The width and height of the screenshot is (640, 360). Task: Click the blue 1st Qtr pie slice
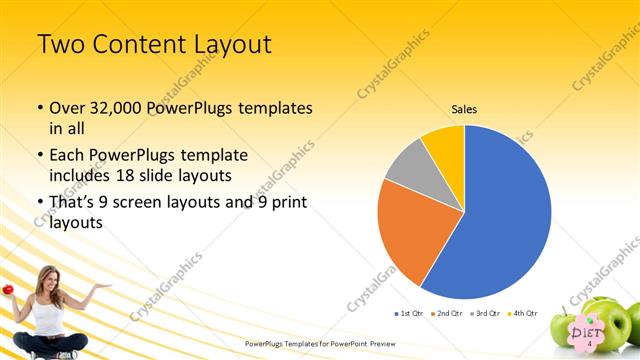coord(500,215)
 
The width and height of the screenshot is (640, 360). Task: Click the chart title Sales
coord(464,109)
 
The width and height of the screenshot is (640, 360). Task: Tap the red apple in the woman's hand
coord(8,289)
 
